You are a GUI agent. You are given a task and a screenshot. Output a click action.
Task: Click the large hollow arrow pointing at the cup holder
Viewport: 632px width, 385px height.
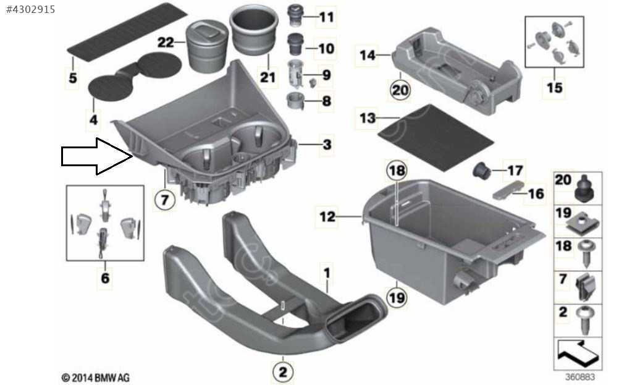97,156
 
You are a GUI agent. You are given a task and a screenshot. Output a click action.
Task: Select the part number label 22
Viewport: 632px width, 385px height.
165,42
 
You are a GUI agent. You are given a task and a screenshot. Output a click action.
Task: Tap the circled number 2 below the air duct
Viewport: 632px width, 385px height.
283,371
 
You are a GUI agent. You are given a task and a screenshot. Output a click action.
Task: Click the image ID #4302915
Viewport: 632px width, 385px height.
31,9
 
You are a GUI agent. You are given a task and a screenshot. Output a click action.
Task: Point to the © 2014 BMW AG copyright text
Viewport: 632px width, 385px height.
96,378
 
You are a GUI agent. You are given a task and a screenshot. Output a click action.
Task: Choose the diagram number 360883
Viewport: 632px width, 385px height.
579,377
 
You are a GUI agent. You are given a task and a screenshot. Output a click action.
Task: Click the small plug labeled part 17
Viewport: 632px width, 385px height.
481,171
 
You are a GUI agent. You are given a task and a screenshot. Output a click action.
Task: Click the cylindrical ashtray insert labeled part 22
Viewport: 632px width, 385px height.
205,47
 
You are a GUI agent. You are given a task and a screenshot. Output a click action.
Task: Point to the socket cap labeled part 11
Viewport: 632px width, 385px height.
296,15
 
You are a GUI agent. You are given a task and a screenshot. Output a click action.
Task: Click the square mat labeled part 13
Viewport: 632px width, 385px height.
436,137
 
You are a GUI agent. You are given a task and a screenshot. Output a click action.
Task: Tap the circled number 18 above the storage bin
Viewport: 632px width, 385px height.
397,171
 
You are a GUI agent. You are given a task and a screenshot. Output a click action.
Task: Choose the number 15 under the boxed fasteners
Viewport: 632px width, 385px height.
554,88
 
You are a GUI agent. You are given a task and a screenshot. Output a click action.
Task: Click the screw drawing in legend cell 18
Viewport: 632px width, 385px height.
586,255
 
